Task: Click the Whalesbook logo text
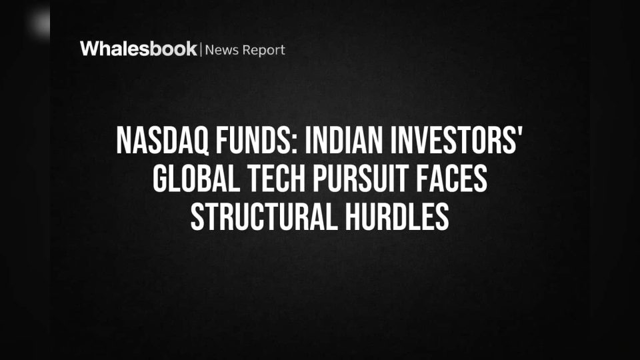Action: [139, 49]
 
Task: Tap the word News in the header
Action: [221, 50]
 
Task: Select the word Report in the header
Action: [264, 50]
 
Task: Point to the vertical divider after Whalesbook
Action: [201, 49]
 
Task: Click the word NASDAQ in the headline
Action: [163, 141]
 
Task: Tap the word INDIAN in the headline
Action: [344, 141]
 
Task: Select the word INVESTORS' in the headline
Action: [456, 141]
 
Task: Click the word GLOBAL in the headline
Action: [196, 179]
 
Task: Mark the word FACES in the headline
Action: [452, 179]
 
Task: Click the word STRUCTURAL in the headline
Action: [264, 217]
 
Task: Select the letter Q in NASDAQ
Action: [201, 141]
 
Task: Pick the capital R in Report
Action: [247, 50]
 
